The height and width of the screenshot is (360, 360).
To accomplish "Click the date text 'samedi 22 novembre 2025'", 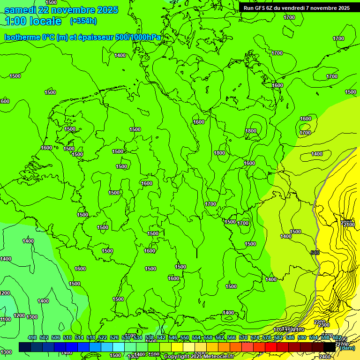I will tap(61, 10).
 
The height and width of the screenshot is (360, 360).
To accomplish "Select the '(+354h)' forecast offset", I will tap(83, 21).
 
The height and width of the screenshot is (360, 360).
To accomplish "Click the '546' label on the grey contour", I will tap(315, 253).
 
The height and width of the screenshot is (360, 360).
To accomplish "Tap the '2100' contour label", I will tap(349, 225).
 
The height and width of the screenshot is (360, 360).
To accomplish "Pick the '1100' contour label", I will tap(6, 319).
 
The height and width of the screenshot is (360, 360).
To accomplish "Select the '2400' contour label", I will tap(324, 357).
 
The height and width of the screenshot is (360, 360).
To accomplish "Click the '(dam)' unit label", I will tap(347, 347).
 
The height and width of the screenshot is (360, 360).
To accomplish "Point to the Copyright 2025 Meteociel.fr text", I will tap(199, 357).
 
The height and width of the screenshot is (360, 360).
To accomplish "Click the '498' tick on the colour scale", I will tap(32, 337).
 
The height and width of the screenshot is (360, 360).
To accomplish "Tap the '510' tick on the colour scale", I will tap(67, 337).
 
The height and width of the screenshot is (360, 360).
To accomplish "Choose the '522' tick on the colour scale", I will tap(103, 337).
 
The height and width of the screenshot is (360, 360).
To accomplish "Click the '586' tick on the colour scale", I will tap(290, 337).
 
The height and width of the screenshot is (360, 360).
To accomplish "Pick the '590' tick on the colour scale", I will tap(302, 337).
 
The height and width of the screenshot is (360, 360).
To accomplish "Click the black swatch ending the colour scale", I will tap(330, 347).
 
